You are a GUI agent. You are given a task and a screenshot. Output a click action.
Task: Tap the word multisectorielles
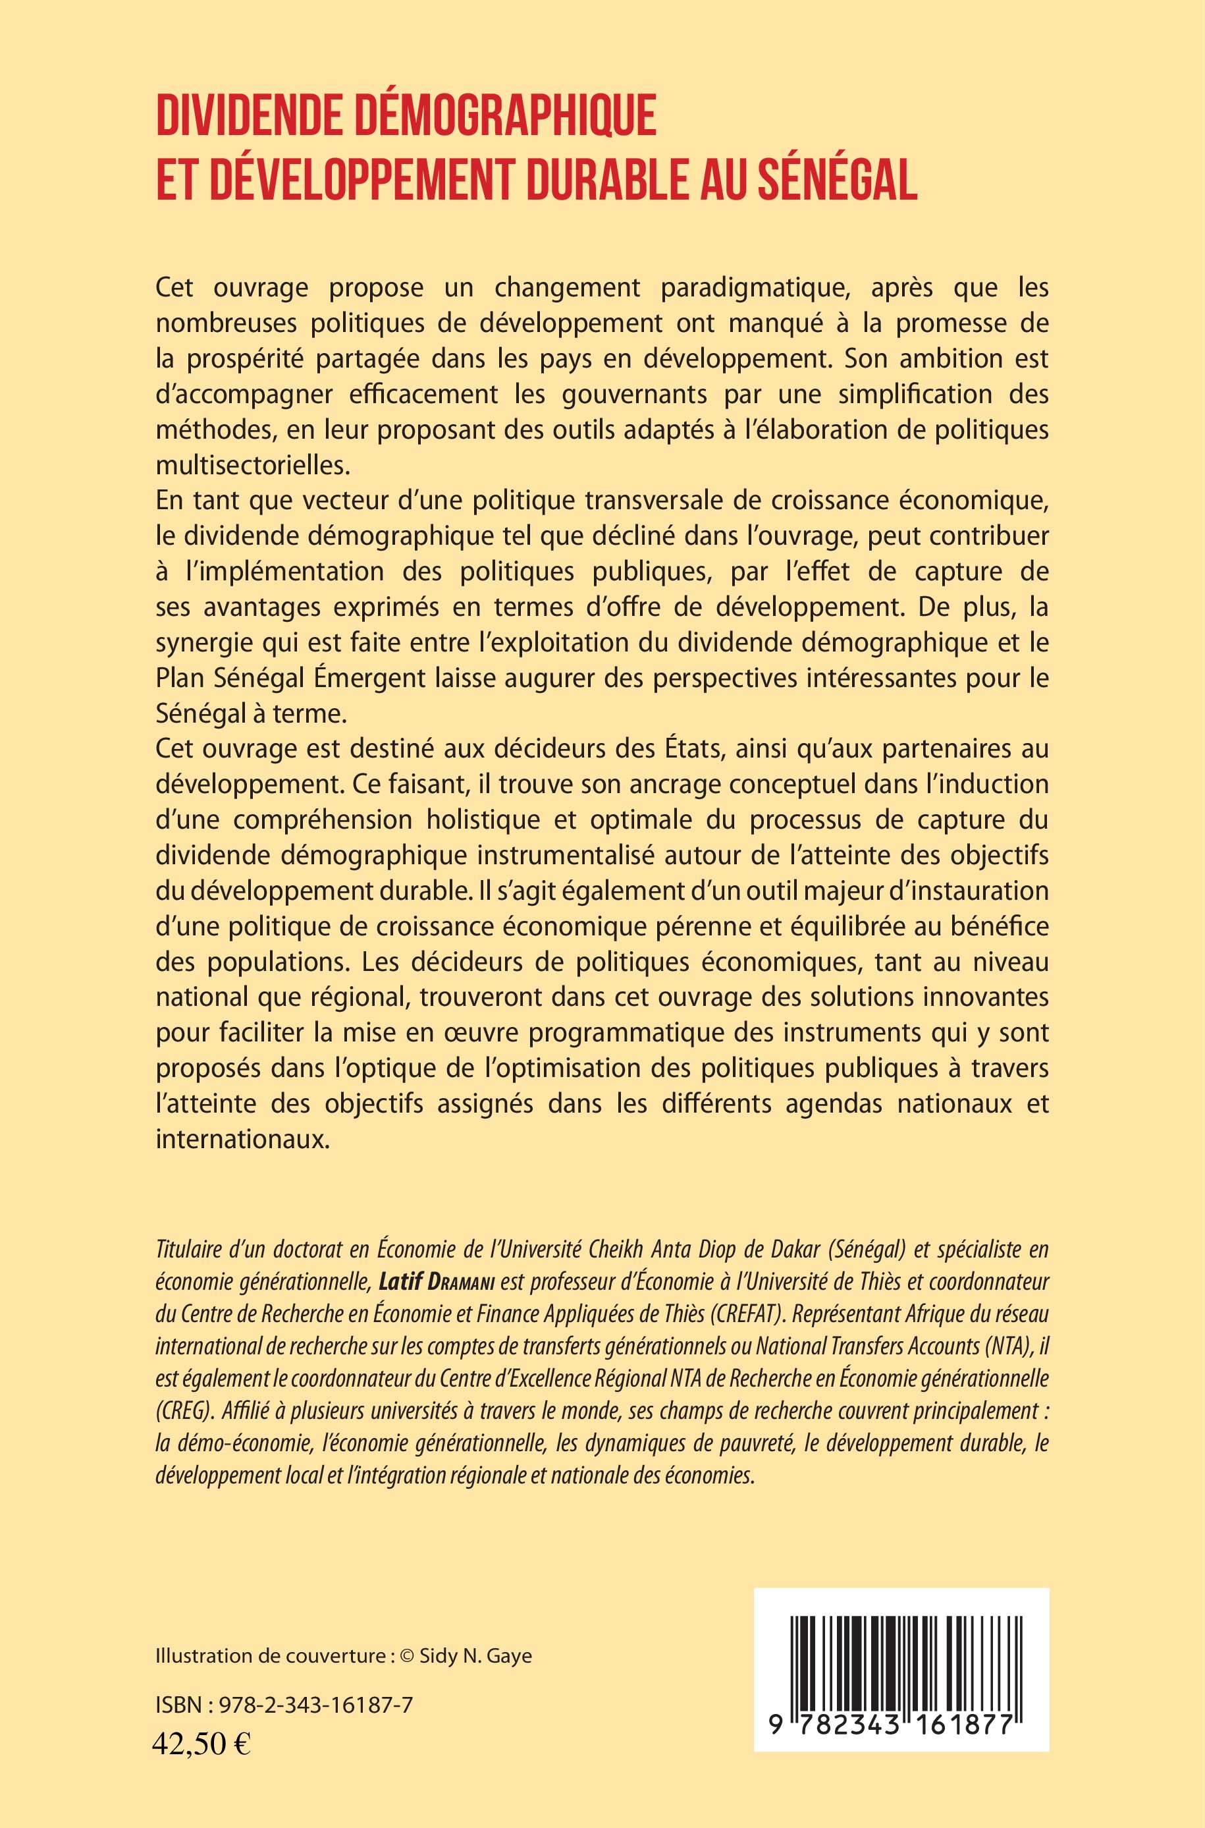[x=252, y=465]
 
